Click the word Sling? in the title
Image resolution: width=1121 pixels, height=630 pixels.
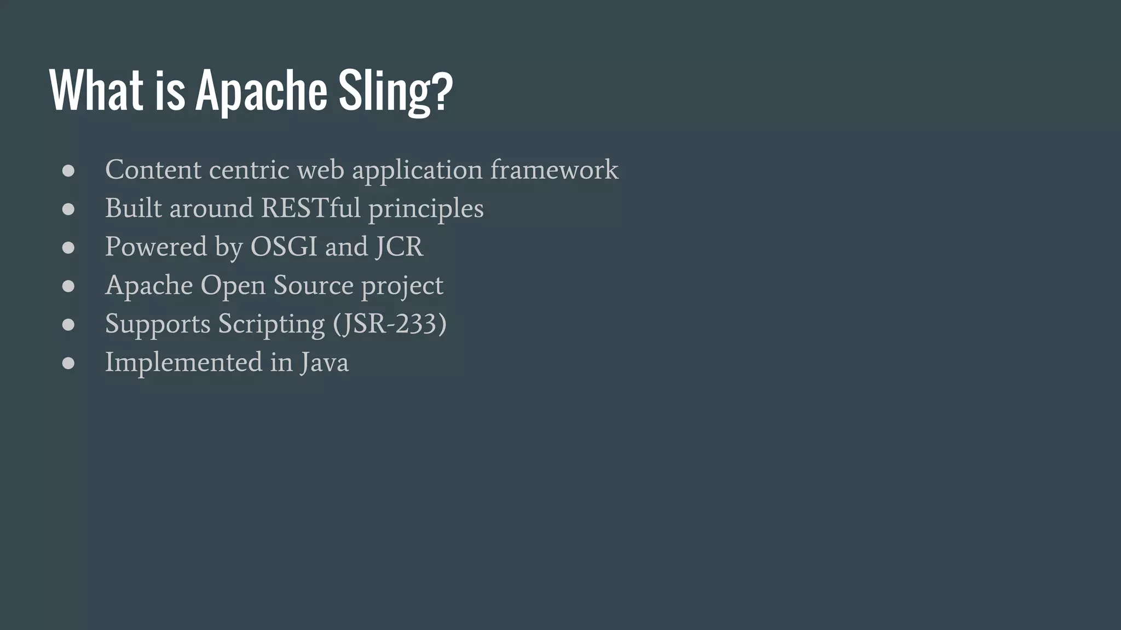click(x=395, y=91)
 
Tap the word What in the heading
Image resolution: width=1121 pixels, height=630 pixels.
click(x=96, y=91)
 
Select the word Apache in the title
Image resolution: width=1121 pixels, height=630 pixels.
click(x=261, y=91)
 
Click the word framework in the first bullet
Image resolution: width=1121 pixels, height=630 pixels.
click(x=554, y=170)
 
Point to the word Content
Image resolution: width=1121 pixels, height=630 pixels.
click(x=153, y=170)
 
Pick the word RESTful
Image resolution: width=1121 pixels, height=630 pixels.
click(x=310, y=208)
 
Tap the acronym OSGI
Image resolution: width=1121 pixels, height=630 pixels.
click(x=284, y=247)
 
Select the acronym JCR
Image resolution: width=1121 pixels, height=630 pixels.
click(x=399, y=247)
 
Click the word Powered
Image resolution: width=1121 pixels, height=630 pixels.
click(x=156, y=247)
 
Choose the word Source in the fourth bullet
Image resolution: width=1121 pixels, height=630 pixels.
click(x=313, y=285)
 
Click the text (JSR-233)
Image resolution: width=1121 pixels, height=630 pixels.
click(x=390, y=324)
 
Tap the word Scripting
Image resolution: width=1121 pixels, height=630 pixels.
click(x=271, y=324)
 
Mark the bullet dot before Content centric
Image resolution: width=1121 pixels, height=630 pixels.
click(x=68, y=171)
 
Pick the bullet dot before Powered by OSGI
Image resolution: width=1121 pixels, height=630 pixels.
click(x=68, y=248)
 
